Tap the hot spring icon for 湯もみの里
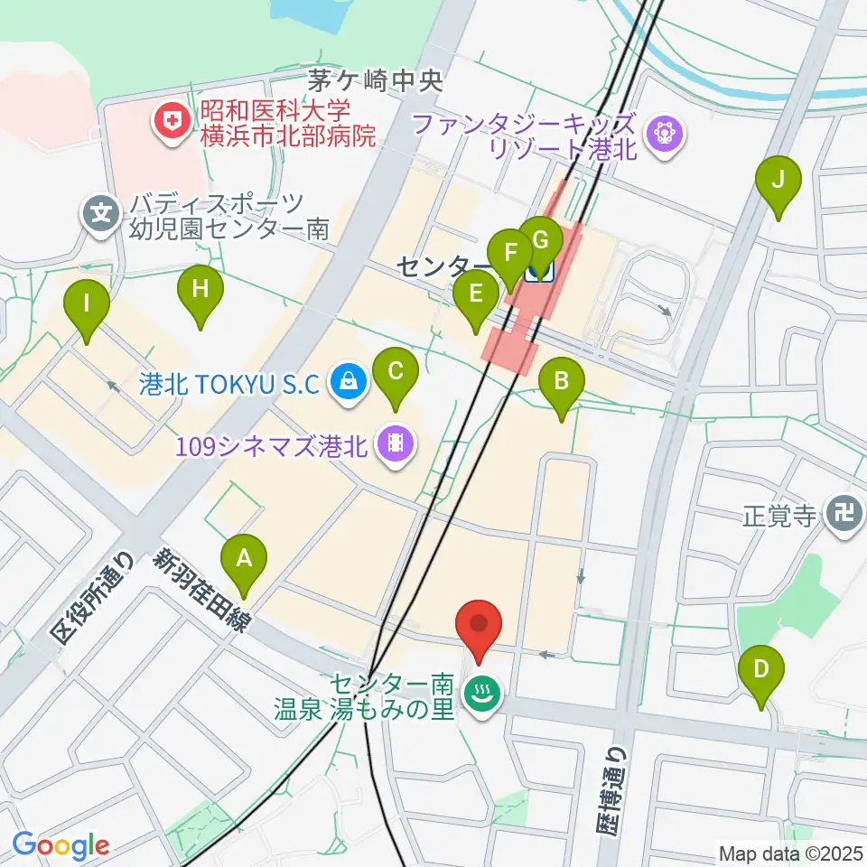coord(479,695)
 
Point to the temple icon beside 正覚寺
coord(845,517)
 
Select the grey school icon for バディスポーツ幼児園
coord(100,216)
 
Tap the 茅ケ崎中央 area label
coord(375,81)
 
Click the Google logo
coord(61,846)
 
